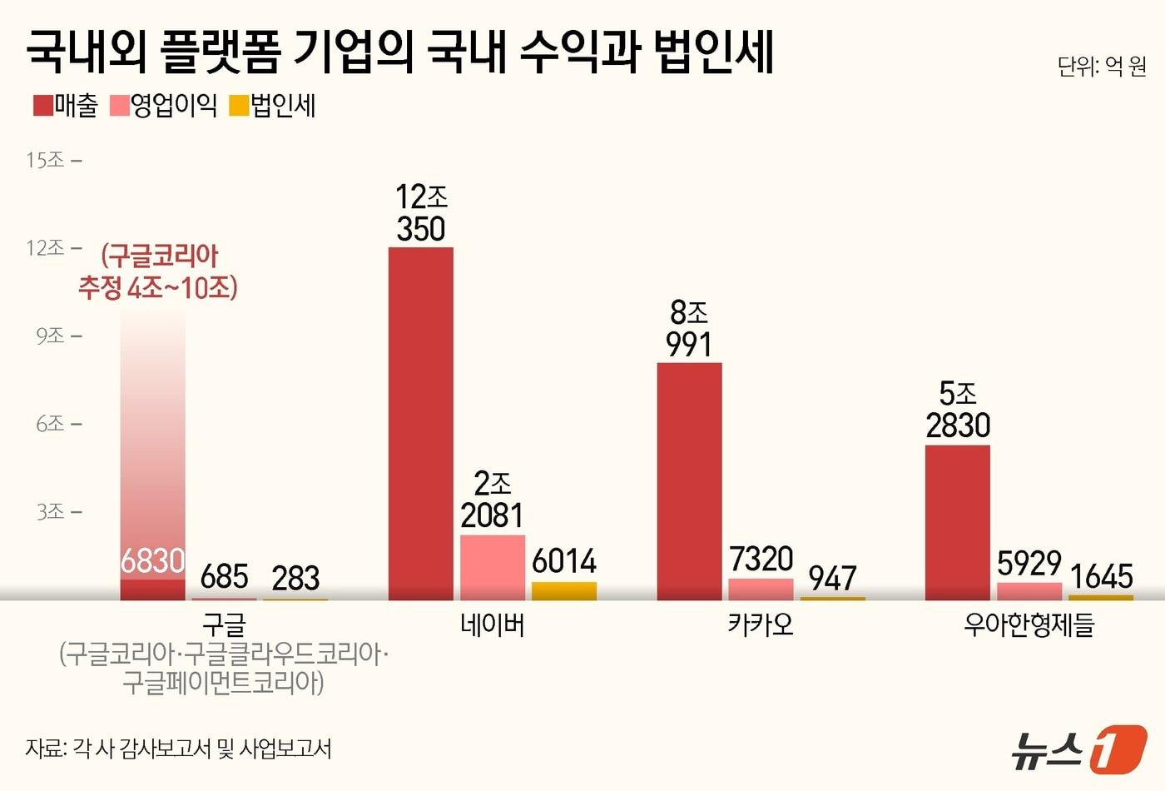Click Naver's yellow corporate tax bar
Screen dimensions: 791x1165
click(564, 591)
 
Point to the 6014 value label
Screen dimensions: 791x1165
click(564, 561)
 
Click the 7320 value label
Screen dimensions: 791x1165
click(761, 559)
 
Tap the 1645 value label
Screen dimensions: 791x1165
click(1101, 576)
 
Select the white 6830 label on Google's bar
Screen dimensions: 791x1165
click(152, 561)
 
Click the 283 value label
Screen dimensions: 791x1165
click(295, 578)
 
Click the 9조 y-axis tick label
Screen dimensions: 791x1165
click(50, 336)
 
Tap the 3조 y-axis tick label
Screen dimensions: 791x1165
click(50, 511)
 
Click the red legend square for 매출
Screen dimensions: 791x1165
click(43, 106)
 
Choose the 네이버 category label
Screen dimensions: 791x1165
click(493, 624)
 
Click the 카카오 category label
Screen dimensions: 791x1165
click(761, 624)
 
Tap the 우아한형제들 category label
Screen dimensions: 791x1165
click(1029, 624)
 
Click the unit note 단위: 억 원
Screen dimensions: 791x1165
click(1102, 67)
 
